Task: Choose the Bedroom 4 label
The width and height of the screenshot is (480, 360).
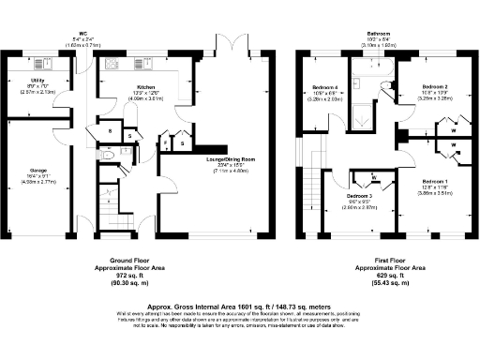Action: (327, 88)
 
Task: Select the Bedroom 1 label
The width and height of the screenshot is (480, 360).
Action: (433, 180)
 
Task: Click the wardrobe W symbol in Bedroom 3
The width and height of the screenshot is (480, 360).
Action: (374, 175)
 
